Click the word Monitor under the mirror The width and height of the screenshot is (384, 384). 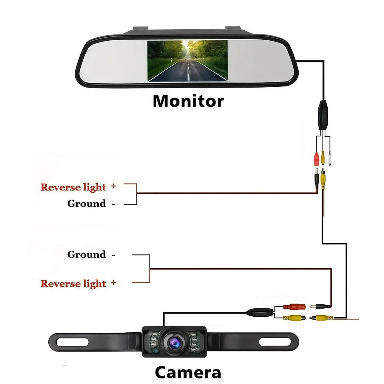[x=188, y=101]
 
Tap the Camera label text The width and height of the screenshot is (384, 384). [x=188, y=372]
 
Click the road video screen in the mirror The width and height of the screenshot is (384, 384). [x=187, y=61]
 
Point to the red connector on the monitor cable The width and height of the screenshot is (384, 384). [x=316, y=159]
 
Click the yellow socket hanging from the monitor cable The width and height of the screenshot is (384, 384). [x=323, y=158]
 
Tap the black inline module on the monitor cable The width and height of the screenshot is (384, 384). [x=323, y=115]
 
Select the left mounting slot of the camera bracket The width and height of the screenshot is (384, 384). [x=72, y=342]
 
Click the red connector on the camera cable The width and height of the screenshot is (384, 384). [x=294, y=306]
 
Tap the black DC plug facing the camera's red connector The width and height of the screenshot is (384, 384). [x=320, y=306]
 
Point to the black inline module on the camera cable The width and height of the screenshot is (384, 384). [x=260, y=312]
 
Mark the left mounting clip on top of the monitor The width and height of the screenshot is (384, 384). [x=141, y=29]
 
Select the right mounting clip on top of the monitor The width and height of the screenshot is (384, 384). [x=233, y=29]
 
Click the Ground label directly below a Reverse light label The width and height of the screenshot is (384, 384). [x=86, y=204]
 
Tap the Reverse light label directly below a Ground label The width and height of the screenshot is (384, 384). [x=73, y=284]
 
